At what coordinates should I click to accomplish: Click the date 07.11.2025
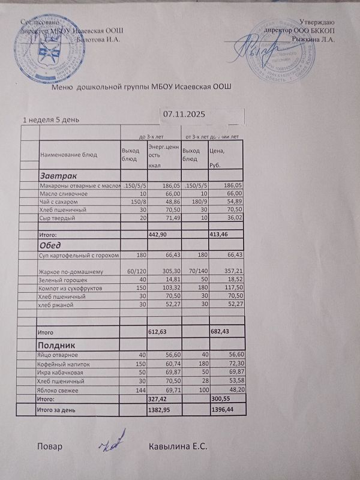(185, 113)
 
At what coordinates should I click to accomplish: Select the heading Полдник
(56, 345)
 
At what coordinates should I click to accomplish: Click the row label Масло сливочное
(64, 194)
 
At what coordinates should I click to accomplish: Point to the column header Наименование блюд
(68, 155)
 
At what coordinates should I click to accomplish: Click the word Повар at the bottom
(49, 447)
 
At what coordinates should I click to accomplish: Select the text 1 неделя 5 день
(51, 119)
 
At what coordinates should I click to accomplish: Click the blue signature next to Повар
(112, 442)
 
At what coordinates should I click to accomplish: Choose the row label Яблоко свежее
(59, 389)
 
